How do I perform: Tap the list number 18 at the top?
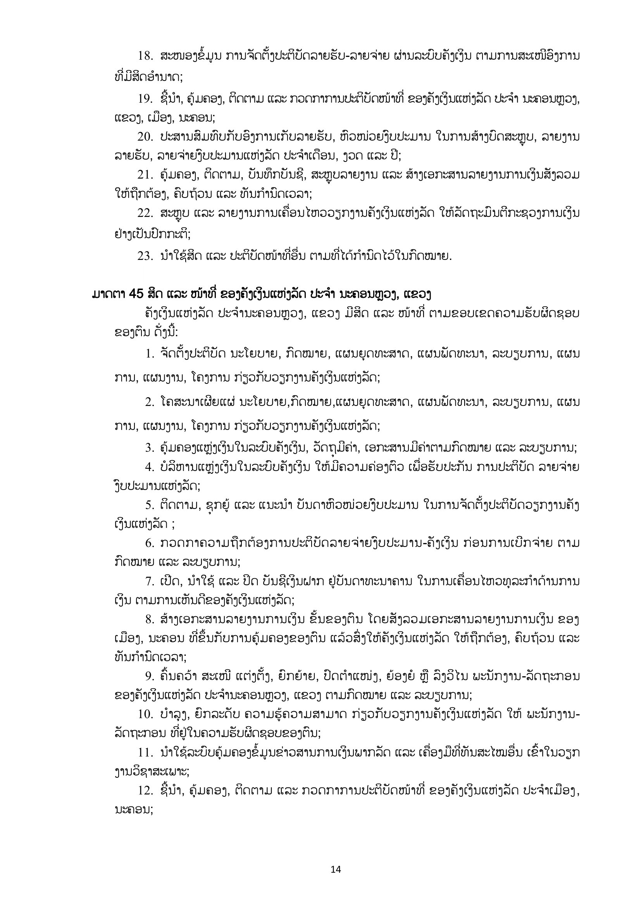pyautogui.click(x=145, y=56)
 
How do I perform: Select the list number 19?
pyautogui.click(x=145, y=99)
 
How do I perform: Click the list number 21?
pyautogui.click(x=145, y=175)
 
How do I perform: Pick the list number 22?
pyautogui.click(x=145, y=213)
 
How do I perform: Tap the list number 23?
pyautogui.click(x=145, y=256)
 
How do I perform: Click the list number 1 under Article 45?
pyautogui.click(x=149, y=354)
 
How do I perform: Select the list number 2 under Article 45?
pyautogui.click(x=149, y=403)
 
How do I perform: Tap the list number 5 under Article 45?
pyautogui.click(x=149, y=505)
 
